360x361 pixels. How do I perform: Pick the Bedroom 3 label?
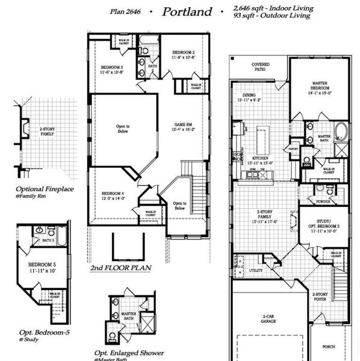coord(112,67)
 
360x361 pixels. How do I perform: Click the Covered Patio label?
coord(260,66)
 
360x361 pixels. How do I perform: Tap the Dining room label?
coord(249,96)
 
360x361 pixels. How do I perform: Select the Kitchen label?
coord(261,159)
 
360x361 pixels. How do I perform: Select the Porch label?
coord(329,347)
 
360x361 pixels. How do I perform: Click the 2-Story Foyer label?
coord(320,296)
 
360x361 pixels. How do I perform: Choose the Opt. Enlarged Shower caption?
coord(125,353)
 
